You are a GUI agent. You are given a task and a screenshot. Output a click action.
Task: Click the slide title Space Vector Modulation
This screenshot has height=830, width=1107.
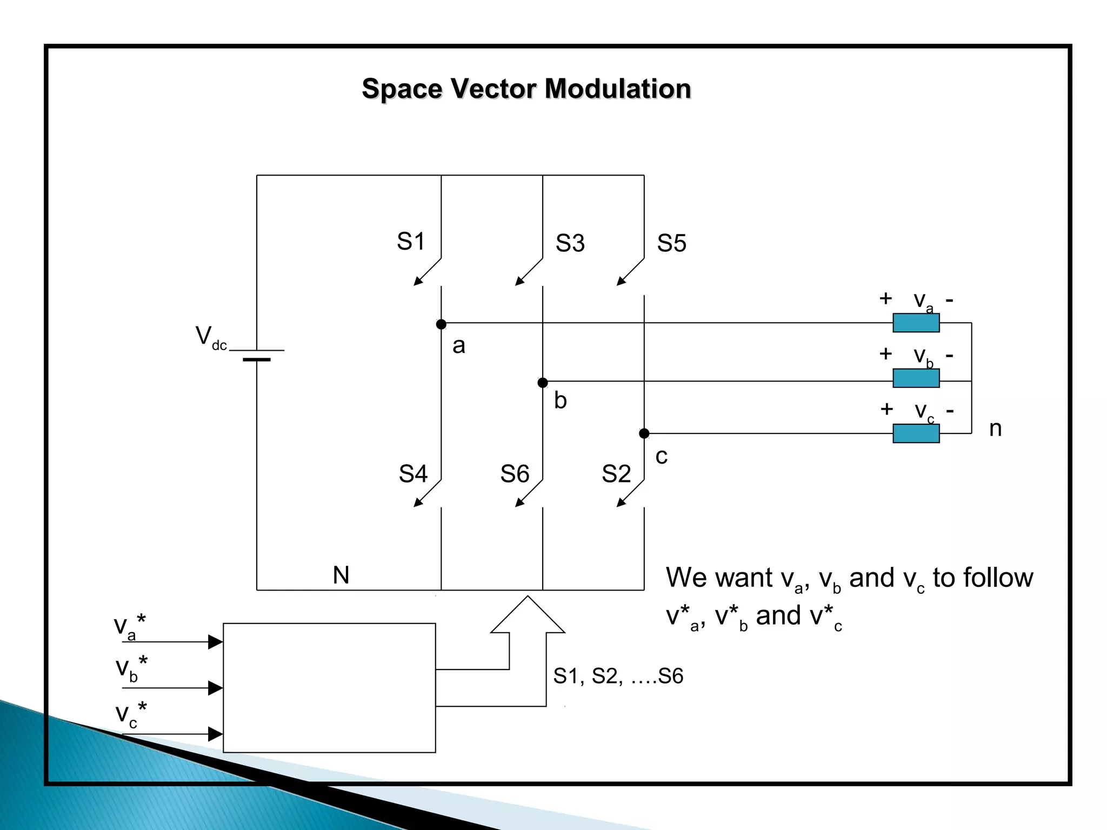coord(526,89)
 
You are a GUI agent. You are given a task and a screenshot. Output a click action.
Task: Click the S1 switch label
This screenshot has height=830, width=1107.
coord(411,242)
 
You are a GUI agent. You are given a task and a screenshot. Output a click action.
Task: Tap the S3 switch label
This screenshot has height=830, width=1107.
coord(570,243)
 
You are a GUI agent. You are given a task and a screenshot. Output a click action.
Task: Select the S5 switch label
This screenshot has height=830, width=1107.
coord(671,243)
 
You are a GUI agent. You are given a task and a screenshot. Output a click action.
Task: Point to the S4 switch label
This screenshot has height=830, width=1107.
coord(413,474)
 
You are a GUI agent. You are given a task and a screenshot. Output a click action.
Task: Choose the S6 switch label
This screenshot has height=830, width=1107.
coord(514,474)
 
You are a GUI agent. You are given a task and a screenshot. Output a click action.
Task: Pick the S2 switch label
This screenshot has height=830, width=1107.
coord(616,474)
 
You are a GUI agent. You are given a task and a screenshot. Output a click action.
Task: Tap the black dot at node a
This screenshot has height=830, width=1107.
coord(441,324)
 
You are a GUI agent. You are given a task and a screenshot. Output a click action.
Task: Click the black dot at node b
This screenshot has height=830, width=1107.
coord(543,383)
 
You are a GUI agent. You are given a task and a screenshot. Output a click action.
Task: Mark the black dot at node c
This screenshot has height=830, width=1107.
coord(644,433)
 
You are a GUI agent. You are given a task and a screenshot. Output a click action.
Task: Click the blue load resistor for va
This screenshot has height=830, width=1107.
coord(916,323)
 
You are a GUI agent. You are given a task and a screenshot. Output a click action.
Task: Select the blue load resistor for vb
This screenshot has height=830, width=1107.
coord(916,378)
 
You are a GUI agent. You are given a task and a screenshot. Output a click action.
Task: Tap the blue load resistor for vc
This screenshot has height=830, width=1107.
coord(916,433)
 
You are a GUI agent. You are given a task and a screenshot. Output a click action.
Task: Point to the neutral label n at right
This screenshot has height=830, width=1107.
coord(995,429)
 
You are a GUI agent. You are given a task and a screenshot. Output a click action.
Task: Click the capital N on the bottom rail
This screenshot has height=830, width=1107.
coord(341,575)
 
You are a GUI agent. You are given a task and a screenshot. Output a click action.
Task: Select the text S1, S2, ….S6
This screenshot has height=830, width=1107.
coord(618,676)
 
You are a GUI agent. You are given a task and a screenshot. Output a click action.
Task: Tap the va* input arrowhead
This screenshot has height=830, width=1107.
coord(216,642)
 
